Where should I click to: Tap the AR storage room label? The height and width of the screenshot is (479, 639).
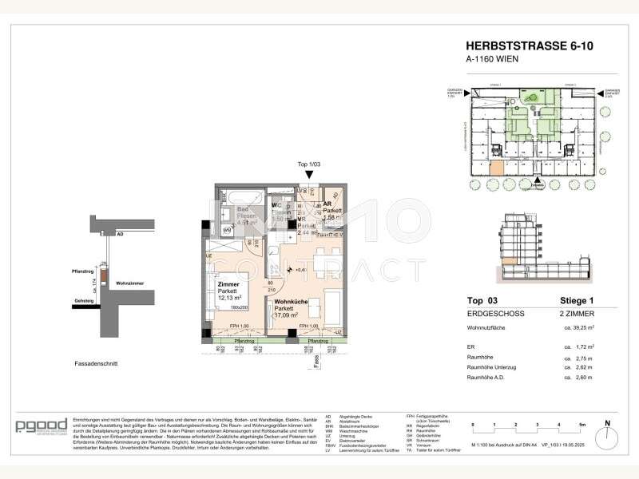tap(328, 203)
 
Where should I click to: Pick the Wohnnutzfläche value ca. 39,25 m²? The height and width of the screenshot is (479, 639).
tap(580, 327)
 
